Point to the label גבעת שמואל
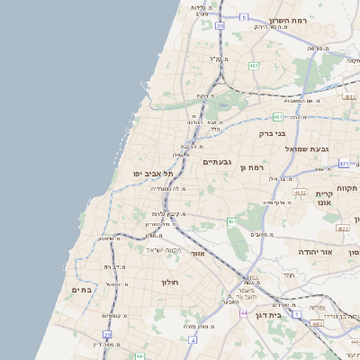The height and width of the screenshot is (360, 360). click(x=308, y=148)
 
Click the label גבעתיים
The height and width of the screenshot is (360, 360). click(x=218, y=162)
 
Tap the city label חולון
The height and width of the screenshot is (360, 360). click(x=172, y=283)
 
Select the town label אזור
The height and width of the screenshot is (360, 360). click(x=198, y=254)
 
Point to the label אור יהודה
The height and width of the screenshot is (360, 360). click(x=315, y=253)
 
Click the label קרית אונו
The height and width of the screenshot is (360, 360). click(x=325, y=199)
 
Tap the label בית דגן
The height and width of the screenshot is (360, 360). click(x=265, y=316)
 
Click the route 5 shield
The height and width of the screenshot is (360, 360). click(x=243, y=17)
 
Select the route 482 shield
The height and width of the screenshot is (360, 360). click(x=254, y=65)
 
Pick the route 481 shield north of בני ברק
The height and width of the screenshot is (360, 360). click(x=278, y=117)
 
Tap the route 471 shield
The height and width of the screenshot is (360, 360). click(x=344, y=164)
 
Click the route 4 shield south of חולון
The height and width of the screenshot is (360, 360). click(x=193, y=341)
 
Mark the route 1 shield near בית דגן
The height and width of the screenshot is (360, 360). click(x=298, y=315)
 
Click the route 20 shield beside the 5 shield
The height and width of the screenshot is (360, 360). click(x=220, y=26)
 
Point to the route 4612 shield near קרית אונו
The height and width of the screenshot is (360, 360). click(x=301, y=192)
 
